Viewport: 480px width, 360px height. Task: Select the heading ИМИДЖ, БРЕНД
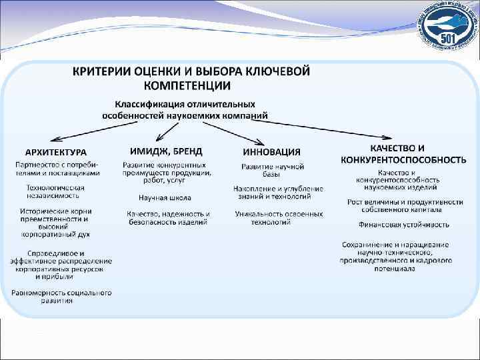click(x=162, y=151)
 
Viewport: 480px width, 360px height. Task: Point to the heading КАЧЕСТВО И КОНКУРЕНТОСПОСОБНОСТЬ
click(x=403, y=154)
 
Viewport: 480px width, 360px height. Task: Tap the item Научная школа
click(x=165, y=198)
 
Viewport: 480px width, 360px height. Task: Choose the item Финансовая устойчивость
click(x=404, y=225)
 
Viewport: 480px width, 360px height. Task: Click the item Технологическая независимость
click(x=55, y=191)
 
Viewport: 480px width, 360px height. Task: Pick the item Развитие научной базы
click(x=273, y=170)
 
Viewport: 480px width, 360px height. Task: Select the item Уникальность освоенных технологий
click(x=279, y=217)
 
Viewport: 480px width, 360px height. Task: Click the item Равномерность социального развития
click(x=61, y=297)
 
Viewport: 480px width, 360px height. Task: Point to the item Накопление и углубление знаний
click(x=278, y=193)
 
